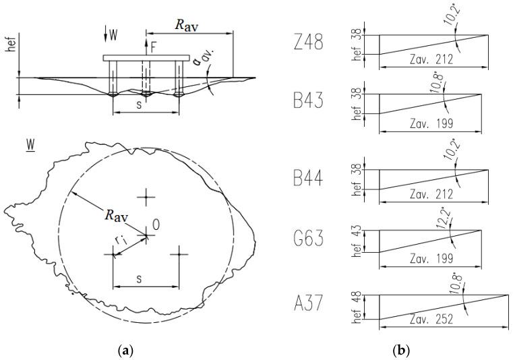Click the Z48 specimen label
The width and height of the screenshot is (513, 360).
309,44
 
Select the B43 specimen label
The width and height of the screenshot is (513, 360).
309,103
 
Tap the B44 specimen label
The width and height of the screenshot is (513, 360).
309,179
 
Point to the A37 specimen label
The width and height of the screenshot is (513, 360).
309,305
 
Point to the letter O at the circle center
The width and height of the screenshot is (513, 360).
156,225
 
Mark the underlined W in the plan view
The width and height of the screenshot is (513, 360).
30,145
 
